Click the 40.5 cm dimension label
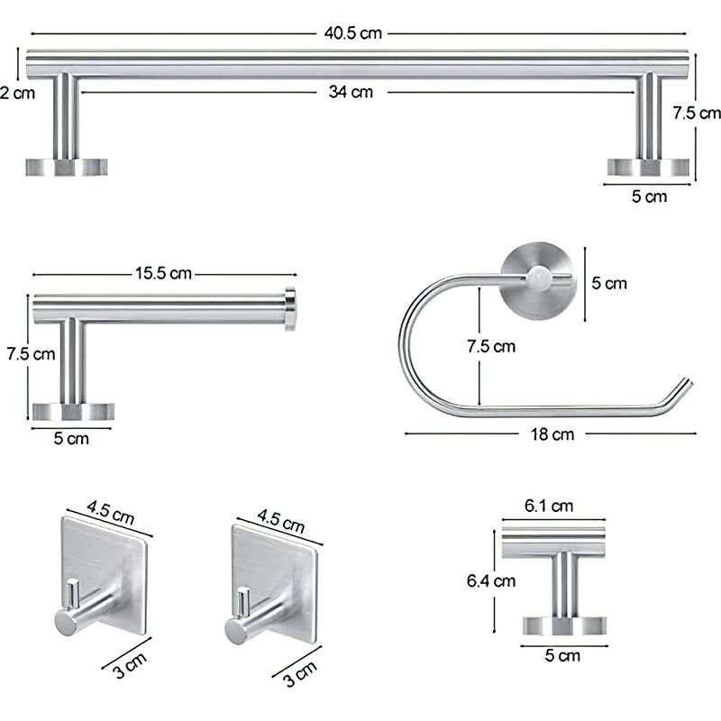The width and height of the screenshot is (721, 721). pos(354,33)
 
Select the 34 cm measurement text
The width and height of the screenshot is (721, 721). pos(351,91)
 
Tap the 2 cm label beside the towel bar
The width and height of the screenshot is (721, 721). pos(17,92)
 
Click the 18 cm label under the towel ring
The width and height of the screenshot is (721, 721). pos(551,434)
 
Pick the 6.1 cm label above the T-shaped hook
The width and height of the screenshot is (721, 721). pos(549,506)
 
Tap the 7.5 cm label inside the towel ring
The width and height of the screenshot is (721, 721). pos(491,346)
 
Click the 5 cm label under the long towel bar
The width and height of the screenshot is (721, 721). pos(649,196)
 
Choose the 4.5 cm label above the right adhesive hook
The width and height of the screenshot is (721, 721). pos(280,521)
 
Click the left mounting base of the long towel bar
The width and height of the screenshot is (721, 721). pos(65,167)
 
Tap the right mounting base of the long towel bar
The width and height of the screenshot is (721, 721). pos(649,167)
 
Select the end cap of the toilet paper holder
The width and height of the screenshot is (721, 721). pos(290,308)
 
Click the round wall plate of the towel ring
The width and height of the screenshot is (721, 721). pos(535,278)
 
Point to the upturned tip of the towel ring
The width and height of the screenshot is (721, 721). pos(680,389)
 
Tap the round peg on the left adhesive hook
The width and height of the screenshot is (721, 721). pos(66,621)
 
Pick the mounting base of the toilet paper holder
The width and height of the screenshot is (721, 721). pos(73,412)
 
